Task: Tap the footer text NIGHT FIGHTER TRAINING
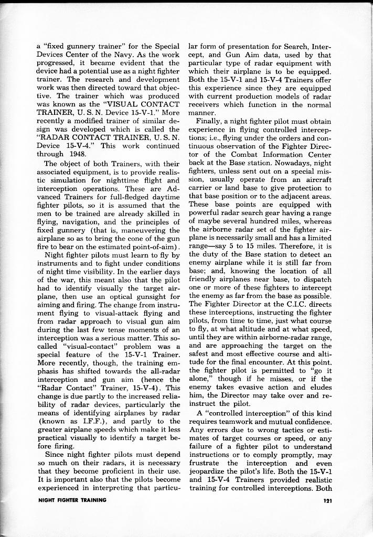(x=72, y=500)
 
